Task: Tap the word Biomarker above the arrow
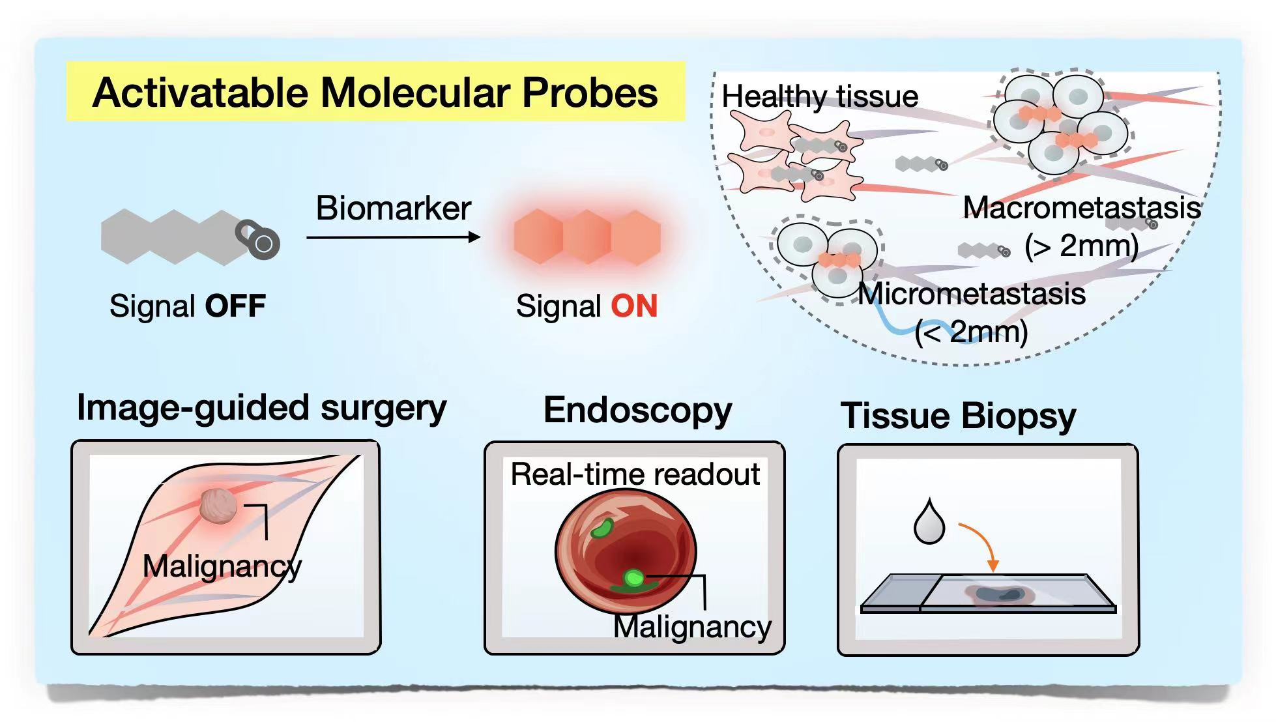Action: (x=393, y=209)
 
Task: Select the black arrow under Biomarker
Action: (x=393, y=237)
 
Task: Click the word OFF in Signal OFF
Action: (x=235, y=306)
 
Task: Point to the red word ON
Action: (x=634, y=306)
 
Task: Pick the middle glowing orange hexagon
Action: (x=587, y=237)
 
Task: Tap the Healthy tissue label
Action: (x=820, y=96)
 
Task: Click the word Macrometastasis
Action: (x=1082, y=208)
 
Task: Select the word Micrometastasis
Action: (x=971, y=294)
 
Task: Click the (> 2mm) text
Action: (x=1082, y=246)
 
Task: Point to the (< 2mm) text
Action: (x=971, y=332)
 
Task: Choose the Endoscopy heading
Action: (x=638, y=411)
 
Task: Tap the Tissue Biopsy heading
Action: (x=958, y=416)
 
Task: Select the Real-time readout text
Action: (x=635, y=474)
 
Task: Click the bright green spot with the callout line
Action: (x=633, y=577)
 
